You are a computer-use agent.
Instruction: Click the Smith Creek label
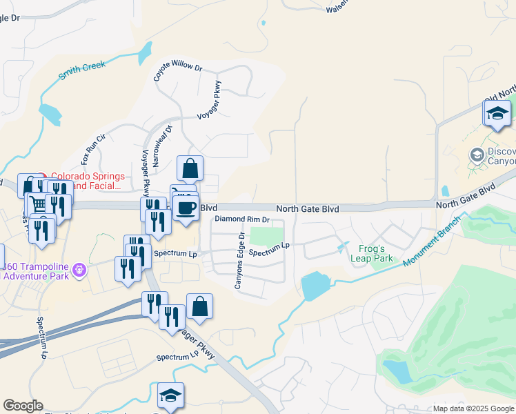click(x=82, y=69)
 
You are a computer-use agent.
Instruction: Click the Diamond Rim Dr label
click(x=241, y=219)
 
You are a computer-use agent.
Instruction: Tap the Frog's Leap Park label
click(x=375, y=254)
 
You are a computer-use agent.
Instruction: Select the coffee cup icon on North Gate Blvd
click(x=185, y=208)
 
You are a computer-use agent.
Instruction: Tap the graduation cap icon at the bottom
click(x=170, y=396)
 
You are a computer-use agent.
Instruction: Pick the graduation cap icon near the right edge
click(x=497, y=114)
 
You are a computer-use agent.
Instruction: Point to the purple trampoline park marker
click(x=79, y=269)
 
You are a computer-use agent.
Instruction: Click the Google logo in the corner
click(x=23, y=406)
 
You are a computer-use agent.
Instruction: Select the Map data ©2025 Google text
click(x=473, y=408)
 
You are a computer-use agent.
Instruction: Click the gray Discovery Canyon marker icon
click(x=476, y=155)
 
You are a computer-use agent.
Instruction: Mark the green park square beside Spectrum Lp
click(x=266, y=237)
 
